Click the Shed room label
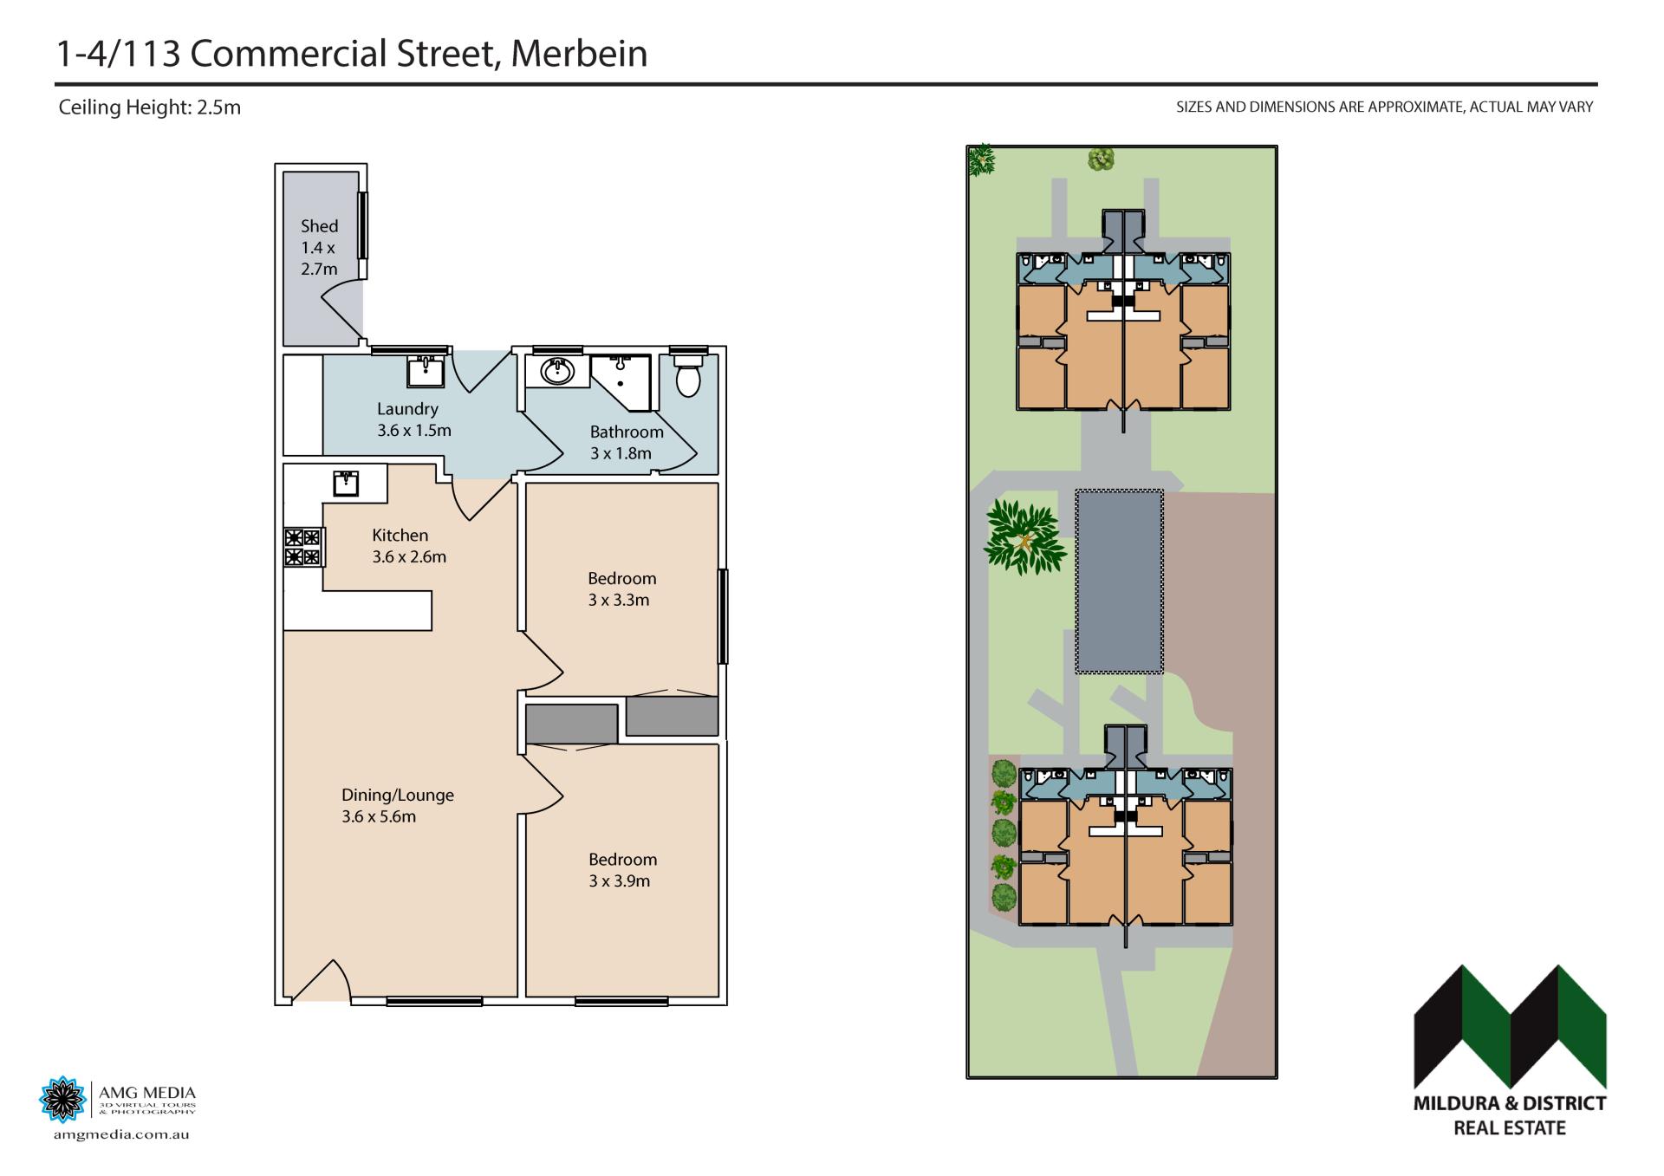point(319,226)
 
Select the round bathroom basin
point(556,373)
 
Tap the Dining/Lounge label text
point(398,795)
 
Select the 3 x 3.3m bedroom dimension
point(619,600)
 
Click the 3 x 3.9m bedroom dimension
point(619,881)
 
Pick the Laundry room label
point(407,409)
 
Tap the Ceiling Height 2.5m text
point(149,107)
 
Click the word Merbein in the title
point(579,54)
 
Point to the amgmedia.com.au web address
point(120,1134)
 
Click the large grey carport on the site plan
point(1119,581)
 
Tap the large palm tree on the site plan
point(1024,537)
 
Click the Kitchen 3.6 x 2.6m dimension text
point(409,557)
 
